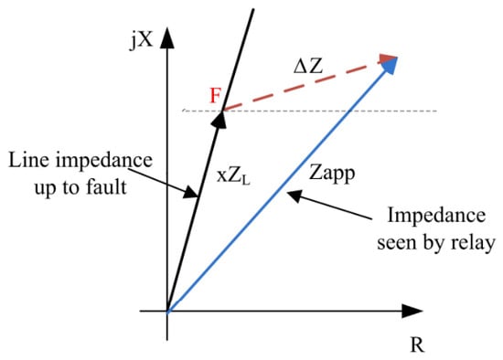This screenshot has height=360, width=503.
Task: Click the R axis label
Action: [417, 345]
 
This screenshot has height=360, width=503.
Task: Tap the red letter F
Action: [215, 95]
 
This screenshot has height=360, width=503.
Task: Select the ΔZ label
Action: [308, 67]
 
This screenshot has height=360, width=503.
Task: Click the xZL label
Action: [233, 175]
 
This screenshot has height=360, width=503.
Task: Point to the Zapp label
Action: [332, 174]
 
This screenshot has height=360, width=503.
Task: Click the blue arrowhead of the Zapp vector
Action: [391, 65]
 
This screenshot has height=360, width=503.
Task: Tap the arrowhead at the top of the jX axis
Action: [166, 37]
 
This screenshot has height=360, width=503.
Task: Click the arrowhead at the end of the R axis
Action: [412, 311]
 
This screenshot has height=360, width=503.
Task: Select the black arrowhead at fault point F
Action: [219, 121]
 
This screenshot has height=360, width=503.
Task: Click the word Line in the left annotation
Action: [28, 160]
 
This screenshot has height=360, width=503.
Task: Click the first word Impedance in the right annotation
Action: [436, 215]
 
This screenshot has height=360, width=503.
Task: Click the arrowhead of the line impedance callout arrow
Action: [190, 193]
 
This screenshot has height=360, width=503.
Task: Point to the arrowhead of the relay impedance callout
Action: [294, 196]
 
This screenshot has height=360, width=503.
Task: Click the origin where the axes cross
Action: [167, 311]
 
